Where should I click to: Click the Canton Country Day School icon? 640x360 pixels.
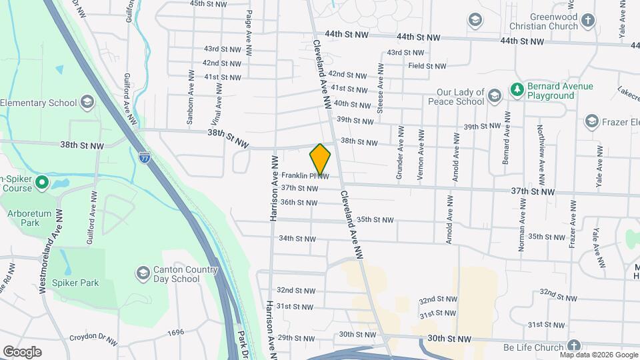point(143,273)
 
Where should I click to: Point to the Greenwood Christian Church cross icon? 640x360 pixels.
point(587,19)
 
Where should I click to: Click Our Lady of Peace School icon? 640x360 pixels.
point(494,97)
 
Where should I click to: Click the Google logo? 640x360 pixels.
point(22,352)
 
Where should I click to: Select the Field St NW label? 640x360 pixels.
point(427,66)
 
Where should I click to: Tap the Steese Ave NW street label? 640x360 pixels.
point(380,88)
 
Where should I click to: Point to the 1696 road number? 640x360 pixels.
point(175,332)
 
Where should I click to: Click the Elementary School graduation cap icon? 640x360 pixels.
point(87,103)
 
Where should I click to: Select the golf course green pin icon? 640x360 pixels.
point(41,181)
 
